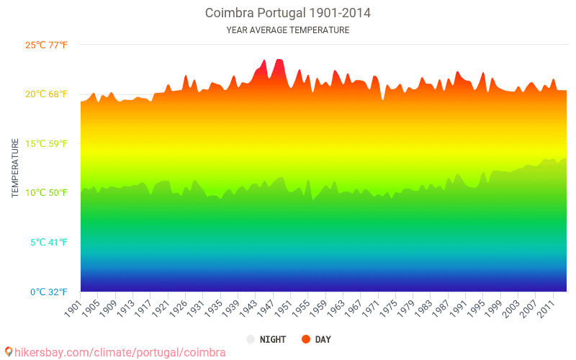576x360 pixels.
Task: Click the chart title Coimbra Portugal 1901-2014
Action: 288,13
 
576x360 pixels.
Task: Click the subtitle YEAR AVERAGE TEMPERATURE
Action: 288,30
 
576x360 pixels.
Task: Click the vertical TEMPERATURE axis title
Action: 15,168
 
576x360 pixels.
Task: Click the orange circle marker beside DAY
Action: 306,339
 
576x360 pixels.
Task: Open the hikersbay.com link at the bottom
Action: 120,353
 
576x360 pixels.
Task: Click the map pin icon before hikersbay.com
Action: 9,352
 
